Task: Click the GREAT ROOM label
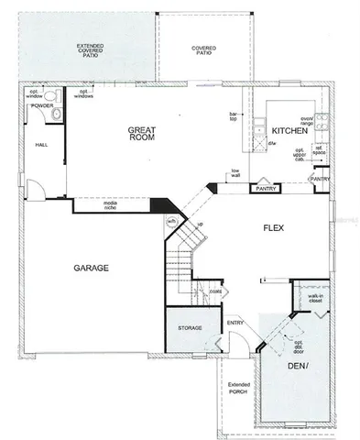[145, 137]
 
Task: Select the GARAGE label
[92, 268]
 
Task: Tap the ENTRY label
[235, 323]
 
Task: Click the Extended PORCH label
[238, 389]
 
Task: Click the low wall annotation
[235, 173]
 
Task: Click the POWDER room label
[43, 105]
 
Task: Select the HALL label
[41, 145]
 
